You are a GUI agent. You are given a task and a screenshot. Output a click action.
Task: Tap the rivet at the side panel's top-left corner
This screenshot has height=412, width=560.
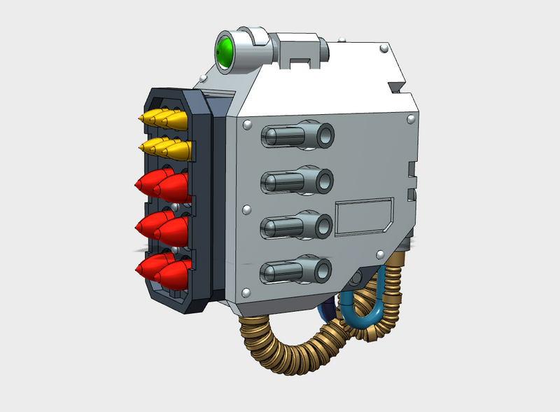tap(246, 125)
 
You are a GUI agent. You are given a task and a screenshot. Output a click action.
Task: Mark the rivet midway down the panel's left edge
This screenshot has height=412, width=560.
tap(246, 210)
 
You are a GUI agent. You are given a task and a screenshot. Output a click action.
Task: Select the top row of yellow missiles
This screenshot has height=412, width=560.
tap(164, 119)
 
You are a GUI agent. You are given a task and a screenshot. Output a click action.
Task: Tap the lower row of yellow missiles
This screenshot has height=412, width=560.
tap(164, 149)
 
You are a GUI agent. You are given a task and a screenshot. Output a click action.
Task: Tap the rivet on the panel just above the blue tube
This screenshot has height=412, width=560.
tap(379, 254)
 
